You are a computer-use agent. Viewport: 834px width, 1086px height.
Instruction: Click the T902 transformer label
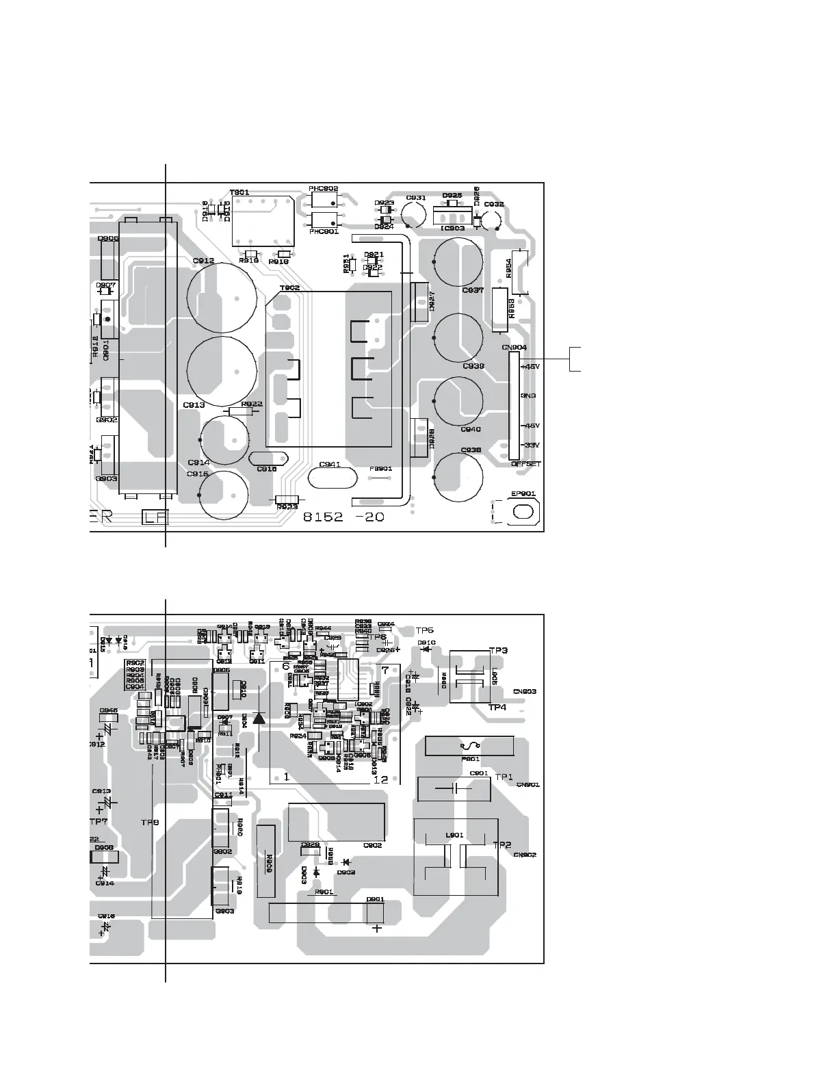(289, 288)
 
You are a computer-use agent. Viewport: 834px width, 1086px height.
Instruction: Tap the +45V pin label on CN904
(530, 367)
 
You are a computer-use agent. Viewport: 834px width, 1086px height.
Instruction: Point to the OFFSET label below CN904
(525, 464)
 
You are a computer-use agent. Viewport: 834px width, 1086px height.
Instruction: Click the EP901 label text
(523, 493)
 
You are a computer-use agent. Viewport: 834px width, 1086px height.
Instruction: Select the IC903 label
(453, 229)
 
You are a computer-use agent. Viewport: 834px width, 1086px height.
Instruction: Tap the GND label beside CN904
(528, 396)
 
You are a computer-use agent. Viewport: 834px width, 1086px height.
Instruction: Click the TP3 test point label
(498, 650)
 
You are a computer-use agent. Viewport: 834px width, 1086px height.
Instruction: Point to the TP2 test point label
(502, 845)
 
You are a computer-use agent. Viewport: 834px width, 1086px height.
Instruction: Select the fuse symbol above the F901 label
(469, 745)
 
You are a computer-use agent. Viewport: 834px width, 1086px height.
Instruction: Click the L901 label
(454, 835)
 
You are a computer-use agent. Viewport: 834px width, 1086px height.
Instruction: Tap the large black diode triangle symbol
(259, 718)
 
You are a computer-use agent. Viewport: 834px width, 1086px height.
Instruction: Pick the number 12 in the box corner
(381, 778)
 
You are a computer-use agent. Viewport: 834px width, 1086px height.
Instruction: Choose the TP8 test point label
(150, 822)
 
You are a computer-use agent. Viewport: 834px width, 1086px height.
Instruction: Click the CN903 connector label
(524, 692)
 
